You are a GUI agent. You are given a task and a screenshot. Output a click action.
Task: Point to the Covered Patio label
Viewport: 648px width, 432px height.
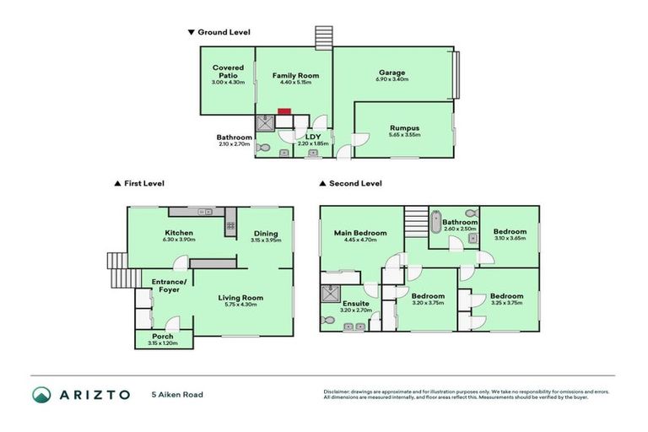coord(228,71)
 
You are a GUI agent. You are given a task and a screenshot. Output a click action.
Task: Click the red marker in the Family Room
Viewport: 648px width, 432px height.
coord(284,110)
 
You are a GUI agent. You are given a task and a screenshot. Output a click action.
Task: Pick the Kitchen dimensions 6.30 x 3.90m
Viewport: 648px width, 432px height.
coord(179,240)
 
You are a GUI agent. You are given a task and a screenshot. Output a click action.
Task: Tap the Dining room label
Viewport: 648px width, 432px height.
coord(266,234)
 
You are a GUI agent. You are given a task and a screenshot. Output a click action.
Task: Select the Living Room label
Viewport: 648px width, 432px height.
coord(241,297)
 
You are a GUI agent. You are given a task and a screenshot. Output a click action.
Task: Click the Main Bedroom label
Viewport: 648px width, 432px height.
coord(360,233)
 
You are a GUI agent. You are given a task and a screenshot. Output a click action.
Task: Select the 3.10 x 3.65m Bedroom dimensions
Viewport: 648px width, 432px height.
coord(510,239)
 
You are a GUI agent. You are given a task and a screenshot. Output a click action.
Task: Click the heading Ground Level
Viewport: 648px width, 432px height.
coord(223,32)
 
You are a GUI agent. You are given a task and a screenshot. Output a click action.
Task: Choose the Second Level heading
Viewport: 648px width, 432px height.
coord(355,183)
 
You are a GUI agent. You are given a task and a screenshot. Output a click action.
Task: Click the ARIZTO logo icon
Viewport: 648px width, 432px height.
coord(41,395)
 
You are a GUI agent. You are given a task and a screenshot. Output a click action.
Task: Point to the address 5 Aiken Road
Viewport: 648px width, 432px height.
coord(177,394)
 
